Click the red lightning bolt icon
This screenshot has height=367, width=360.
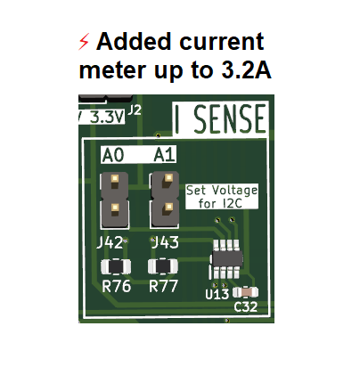tap(84, 42)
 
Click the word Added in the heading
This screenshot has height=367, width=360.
tap(134, 41)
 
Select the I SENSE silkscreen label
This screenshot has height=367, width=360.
tap(221, 118)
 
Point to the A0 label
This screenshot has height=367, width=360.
tap(112, 155)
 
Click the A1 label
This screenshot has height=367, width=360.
tap(164, 155)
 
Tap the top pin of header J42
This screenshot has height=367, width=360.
tap(115, 179)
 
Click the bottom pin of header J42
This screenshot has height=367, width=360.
tap(115, 208)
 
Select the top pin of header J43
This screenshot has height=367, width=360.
tap(168, 178)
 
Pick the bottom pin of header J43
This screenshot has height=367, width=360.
tap(168, 207)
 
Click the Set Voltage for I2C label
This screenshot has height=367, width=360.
tap(222, 197)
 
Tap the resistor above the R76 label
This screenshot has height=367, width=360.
tap(116, 266)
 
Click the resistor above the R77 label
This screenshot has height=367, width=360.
tap(163, 266)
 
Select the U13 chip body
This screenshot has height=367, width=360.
tap(227, 259)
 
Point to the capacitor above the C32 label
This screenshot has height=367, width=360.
tap(245, 292)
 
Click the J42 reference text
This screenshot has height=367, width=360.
tap(110, 243)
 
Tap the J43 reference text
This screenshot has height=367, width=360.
tap(166, 242)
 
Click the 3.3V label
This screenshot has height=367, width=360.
tap(106, 118)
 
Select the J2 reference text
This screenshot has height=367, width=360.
tap(135, 110)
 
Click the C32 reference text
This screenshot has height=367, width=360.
tap(246, 306)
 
